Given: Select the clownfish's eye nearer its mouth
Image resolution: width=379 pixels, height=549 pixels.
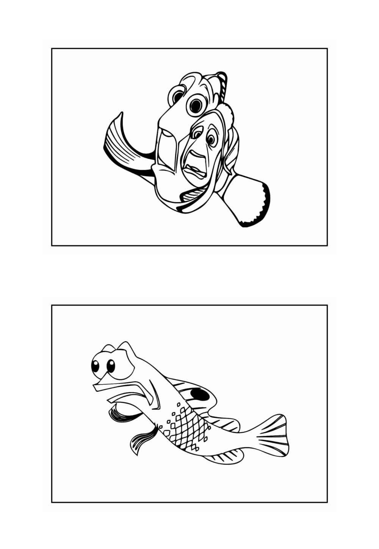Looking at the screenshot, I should click(x=197, y=133).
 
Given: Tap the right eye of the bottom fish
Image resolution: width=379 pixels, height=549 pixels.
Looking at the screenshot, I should click(x=111, y=366).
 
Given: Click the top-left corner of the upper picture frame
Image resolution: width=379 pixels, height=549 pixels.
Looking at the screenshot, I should click(x=52, y=48).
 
